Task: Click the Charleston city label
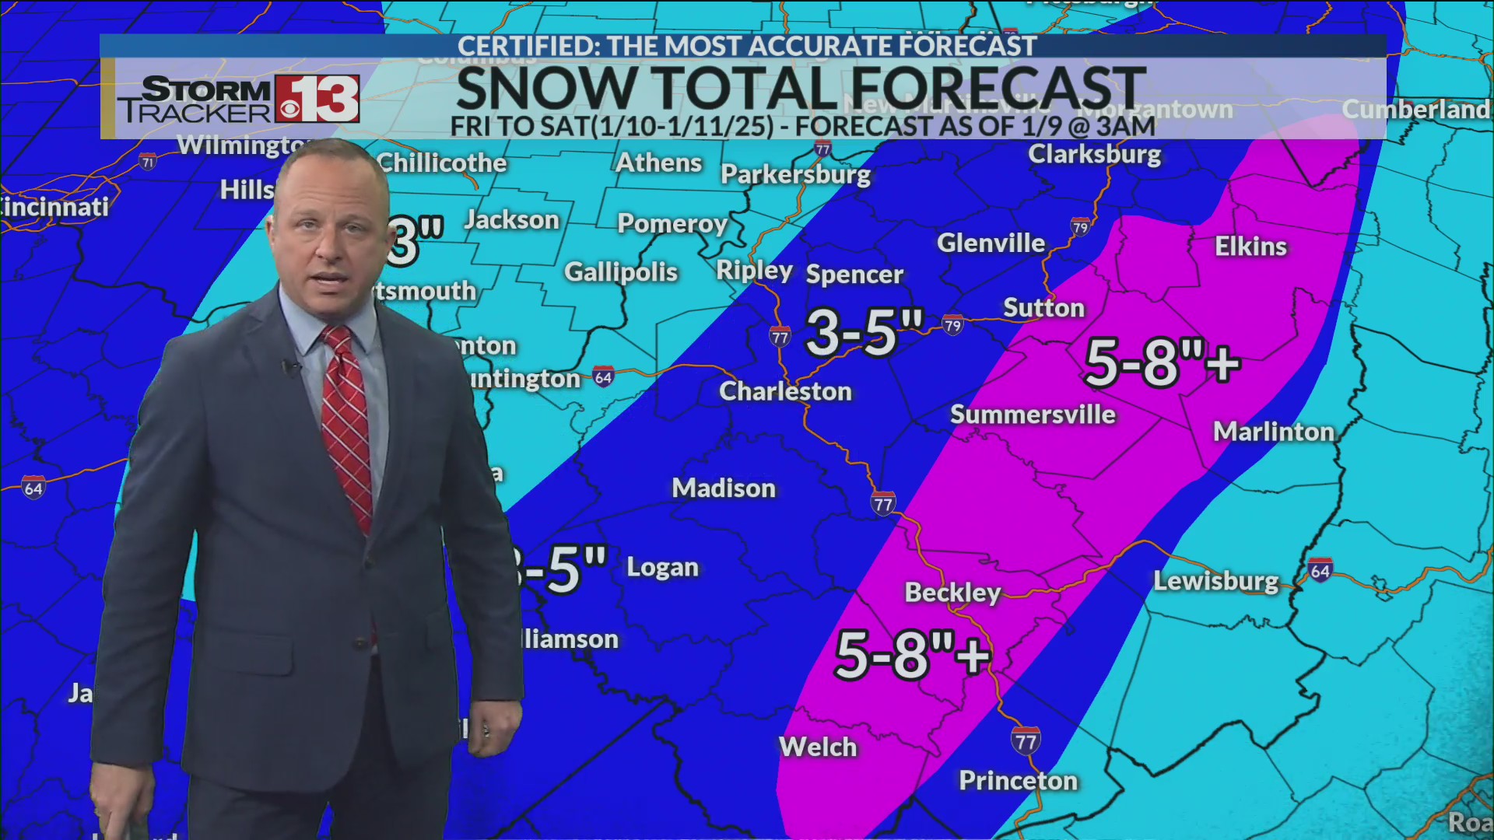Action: (x=785, y=391)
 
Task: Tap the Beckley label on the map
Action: (x=952, y=593)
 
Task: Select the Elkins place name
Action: (x=1250, y=247)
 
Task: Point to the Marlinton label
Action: (x=1274, y=432)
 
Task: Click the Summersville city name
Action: (x=1033, y=415)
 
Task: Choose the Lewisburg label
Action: (x=1215, y=581)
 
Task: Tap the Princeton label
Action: (x=1018, y=780)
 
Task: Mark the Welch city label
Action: (x=818, y=747)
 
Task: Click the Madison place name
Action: (x=724, y=488)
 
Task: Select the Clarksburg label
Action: (x=1094, y=154)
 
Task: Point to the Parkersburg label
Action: (x=795, y=174)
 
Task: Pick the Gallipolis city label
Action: (x=621, y=272)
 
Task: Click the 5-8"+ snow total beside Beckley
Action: (x=912, y=655)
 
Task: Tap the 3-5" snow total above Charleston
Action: (x=864, y=333)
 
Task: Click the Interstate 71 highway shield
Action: (x=148, y=162)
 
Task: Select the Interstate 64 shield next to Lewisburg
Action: (x=1320, y=571)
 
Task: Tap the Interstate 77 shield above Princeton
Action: (x=1026, y=741)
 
